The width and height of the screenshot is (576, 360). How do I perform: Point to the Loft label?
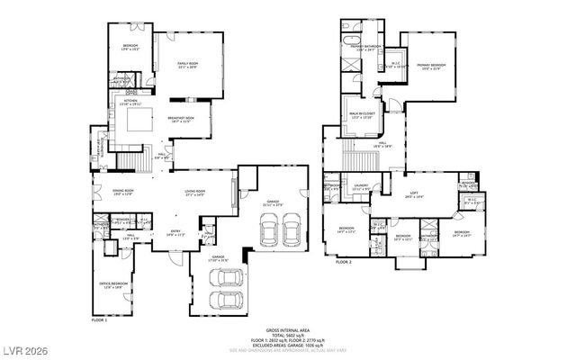pos(414,193)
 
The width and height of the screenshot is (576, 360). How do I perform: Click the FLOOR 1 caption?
pos(99,320)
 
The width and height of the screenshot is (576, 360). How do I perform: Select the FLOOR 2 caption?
pos(343,262)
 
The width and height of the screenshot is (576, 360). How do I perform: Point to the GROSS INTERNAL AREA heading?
pos(287,329)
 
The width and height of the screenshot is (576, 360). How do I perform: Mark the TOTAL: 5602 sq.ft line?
pos(287,335)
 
